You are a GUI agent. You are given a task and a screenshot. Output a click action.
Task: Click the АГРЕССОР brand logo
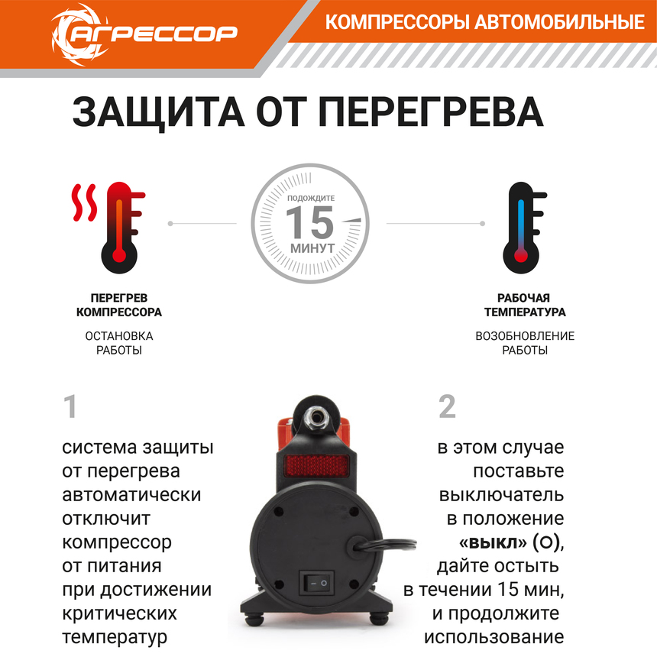pos(144,31)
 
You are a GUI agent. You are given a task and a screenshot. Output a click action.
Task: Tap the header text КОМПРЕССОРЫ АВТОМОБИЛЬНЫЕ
pos(484,22)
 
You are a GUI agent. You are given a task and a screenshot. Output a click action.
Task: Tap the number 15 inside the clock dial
pos(311,222)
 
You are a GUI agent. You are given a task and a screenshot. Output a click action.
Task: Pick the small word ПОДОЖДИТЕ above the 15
pos(311,198)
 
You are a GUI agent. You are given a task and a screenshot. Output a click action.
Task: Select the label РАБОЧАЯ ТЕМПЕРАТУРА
pos(525,305)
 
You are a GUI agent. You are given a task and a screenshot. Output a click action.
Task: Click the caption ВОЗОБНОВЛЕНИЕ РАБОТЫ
pos(525,343)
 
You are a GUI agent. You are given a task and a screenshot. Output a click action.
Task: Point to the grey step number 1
pos(70,407)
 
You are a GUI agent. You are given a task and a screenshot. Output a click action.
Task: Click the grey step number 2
pos(447,407)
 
